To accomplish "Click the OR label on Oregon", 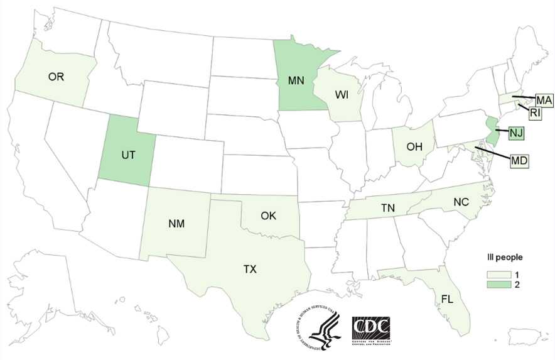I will point(57,77).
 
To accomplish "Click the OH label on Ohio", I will point(412,147).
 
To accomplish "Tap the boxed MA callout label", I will point(543,101).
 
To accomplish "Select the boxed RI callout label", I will point(534,114).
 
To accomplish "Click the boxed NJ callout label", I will point(516,133).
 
